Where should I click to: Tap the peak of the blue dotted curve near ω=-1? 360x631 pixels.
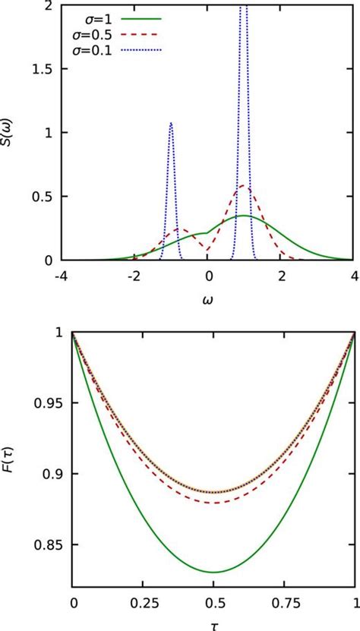[171, 123]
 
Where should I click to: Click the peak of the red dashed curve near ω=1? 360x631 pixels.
[243, 186]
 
